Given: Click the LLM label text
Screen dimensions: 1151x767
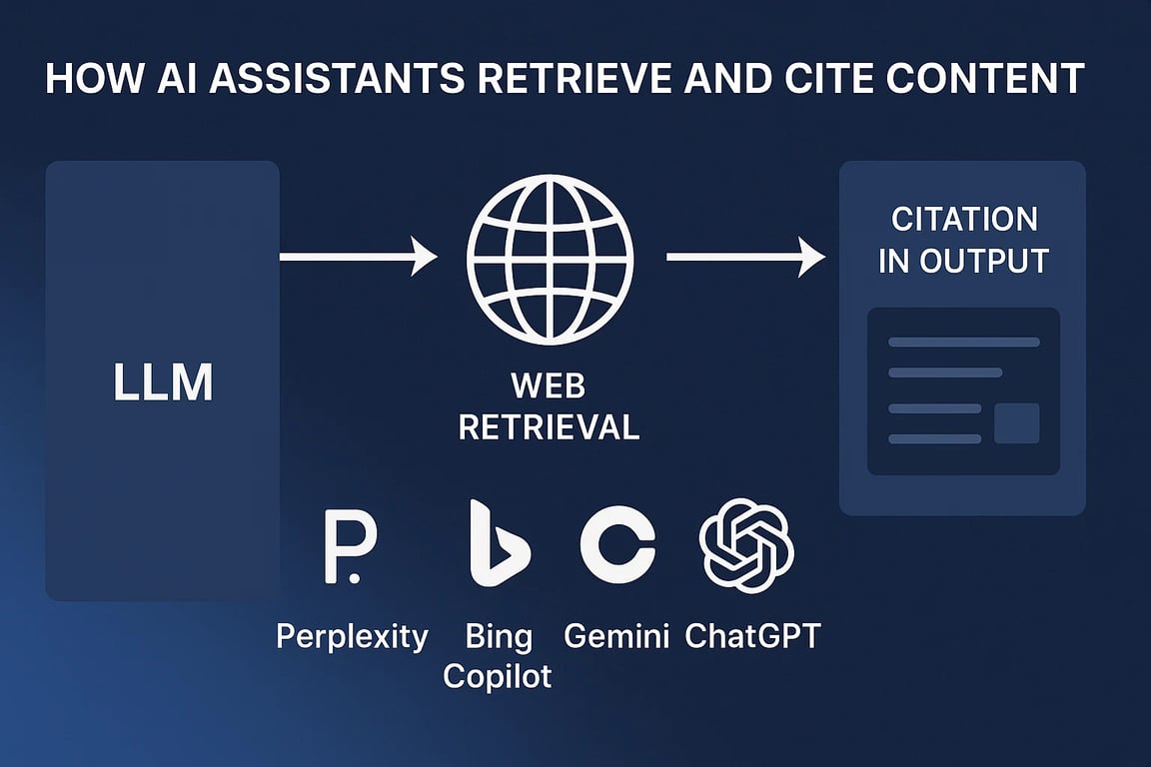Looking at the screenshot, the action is click(163, 382).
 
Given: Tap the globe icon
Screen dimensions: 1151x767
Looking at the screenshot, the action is click(550, 259).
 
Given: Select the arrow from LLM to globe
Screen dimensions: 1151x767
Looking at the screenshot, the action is click(359, 256).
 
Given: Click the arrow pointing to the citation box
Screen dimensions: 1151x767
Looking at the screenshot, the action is click(745, 256).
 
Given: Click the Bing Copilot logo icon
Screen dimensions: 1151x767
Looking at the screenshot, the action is click(500, 543).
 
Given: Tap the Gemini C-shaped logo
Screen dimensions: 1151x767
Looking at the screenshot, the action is click(617, 544).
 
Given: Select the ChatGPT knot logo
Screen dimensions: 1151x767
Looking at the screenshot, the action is click(746, 545).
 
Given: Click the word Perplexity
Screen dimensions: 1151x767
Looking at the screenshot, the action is click(352, 636).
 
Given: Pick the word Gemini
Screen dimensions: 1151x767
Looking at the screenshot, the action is click(615, 635).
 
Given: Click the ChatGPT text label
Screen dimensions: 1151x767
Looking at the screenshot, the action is click(752, 635).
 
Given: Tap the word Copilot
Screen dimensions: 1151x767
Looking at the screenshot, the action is click(497, 676).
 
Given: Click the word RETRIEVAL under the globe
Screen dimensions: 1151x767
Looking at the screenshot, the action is click(550, 427).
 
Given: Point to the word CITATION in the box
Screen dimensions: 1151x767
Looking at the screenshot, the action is click(964, 219).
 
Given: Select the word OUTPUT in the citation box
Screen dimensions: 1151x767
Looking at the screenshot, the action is click(983, 262).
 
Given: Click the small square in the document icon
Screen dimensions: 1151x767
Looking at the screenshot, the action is click(1017, 423).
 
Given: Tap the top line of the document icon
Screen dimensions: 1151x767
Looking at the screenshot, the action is click(964, 342).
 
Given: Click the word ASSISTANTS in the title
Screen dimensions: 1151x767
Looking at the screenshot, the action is click(336, 79).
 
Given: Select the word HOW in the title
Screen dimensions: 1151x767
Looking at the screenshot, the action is click(94, 79).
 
